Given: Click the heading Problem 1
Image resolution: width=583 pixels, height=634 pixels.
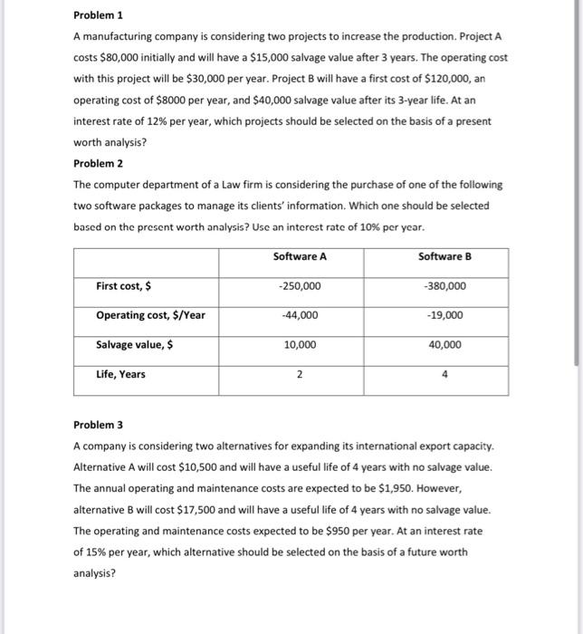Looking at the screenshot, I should click(98, 15).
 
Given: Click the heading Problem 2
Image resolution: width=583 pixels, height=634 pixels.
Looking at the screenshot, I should click(98, 163).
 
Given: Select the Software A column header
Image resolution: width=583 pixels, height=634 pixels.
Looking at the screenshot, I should click(300, 256).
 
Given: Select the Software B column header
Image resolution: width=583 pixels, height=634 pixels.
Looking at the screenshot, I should click(445, 256).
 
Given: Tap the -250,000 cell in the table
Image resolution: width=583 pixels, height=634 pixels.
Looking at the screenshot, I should click(300, 286).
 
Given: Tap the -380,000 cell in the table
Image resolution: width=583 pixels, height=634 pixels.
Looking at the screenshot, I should click(445, 286).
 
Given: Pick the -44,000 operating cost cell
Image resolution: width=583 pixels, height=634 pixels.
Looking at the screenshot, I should click(300, 315).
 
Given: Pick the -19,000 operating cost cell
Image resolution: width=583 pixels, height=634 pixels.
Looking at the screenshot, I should click(445, 315).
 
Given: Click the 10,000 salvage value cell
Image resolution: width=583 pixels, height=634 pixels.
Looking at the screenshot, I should click(300, 345).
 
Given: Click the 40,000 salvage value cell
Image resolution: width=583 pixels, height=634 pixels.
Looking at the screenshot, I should click(445, 345).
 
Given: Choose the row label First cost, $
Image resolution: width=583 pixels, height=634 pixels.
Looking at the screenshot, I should click(124, 286).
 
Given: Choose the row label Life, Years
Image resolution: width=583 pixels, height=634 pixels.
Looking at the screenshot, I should click(120, 374).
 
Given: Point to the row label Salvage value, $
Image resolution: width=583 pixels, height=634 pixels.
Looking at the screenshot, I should click(135, 345).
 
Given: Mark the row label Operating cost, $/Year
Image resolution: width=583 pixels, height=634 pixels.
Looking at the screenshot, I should click(151, 315).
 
